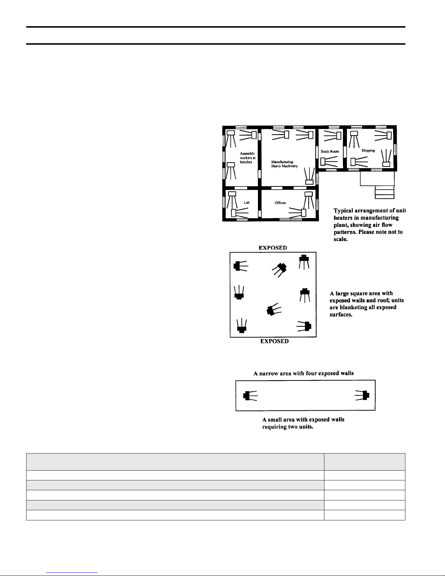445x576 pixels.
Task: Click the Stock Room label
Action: click(330, 151)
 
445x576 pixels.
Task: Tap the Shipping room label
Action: click(368, 150)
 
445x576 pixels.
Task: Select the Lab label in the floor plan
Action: click(247, 202)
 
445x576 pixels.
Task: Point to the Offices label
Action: click(280, 203)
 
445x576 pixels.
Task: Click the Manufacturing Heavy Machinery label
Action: click(284, 164)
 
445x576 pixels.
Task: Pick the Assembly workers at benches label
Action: click(247, 158)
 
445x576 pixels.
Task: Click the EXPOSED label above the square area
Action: click(273, 248)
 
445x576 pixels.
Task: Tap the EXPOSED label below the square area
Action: click(274, 341)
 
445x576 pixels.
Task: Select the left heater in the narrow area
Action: click(250, 396)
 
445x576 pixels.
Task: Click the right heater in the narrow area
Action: click(362, 395)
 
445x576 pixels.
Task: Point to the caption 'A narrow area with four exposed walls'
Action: click(304, 373)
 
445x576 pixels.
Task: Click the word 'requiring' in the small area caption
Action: click(274, 427)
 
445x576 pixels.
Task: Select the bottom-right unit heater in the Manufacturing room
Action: click(310, 176)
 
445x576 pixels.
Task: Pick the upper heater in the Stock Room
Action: click(332, 136)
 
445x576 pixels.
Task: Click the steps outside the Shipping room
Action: click(385, 192)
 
